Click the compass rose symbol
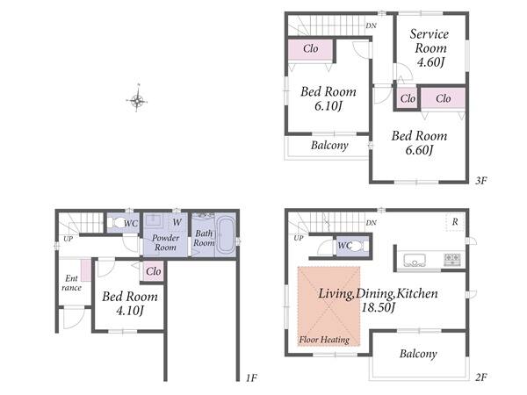137,99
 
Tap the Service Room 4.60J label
430,47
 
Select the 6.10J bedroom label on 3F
328,98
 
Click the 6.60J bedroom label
419,143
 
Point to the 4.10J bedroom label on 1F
130,304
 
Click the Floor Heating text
324,340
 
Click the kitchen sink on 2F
415,261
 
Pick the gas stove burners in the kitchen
452,260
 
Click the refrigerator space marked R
455,222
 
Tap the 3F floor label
481,181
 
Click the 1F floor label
251,378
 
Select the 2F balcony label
418,354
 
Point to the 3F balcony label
329,145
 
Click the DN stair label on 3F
371,25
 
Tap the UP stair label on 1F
69,239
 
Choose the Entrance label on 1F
72,283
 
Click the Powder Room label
165,242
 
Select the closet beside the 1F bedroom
153,271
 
